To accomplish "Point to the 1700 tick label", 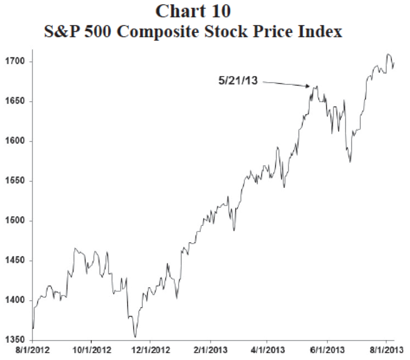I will tap(16, 62).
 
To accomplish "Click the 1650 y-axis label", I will tap(16, 102).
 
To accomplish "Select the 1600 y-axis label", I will tap(16, 141).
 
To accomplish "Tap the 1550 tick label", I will tap(16, 181).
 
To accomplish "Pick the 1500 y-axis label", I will tap(16, 221).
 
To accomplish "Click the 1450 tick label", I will tap(16, 260).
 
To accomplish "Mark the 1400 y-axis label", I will tap(16, 300).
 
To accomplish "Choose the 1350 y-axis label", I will tap(16, 340).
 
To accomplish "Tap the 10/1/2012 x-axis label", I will tap(91, 349).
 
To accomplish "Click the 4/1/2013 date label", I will tap(267, 349).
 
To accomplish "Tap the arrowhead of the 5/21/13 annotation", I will tap(310, 87).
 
